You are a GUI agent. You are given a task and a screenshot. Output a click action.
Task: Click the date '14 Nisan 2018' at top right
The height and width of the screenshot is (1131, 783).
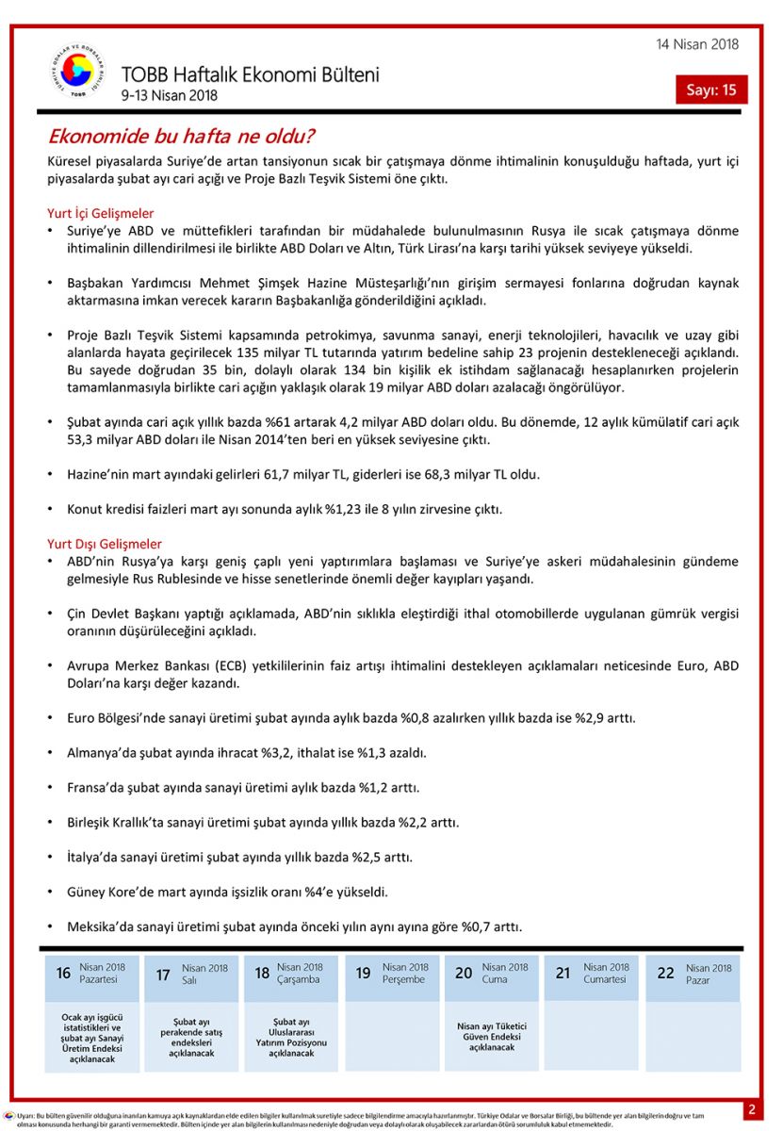point(697,44)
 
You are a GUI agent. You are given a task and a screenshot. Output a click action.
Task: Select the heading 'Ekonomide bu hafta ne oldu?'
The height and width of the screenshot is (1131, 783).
point(181,137)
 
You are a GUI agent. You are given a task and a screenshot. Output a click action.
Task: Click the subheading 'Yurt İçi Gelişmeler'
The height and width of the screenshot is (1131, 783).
point(101,213)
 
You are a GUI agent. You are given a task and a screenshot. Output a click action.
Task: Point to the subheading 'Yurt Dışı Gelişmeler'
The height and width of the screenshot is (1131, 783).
point(105,544)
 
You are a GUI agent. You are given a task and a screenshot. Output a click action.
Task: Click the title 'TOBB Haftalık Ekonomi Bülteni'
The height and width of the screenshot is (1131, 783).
point(250,74)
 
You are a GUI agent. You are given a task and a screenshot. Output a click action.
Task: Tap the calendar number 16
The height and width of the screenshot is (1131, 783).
point(63,973)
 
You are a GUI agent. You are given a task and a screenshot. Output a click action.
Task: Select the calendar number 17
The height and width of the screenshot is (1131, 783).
point(163,974)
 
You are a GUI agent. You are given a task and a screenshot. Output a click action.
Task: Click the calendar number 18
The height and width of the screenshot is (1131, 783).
point(262,973)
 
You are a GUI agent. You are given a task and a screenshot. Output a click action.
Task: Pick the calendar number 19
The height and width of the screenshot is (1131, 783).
point(363,973)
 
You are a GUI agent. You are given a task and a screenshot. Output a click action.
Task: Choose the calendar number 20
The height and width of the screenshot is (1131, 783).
point(464,973)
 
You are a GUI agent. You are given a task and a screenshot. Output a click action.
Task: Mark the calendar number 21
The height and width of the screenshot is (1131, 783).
point(563,973)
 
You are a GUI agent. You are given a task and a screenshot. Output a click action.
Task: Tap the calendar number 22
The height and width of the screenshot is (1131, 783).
point(665,973)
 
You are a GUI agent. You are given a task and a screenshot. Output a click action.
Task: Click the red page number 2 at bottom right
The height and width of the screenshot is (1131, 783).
point(752,1109)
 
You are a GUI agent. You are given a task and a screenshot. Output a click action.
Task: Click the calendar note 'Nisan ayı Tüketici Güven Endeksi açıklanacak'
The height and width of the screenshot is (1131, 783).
point(492,1037)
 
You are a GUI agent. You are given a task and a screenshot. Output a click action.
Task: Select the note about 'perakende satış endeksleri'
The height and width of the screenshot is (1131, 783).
point(191,1037)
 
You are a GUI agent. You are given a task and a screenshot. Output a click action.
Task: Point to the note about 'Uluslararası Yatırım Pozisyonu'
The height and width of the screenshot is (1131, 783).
point(291,1037)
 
